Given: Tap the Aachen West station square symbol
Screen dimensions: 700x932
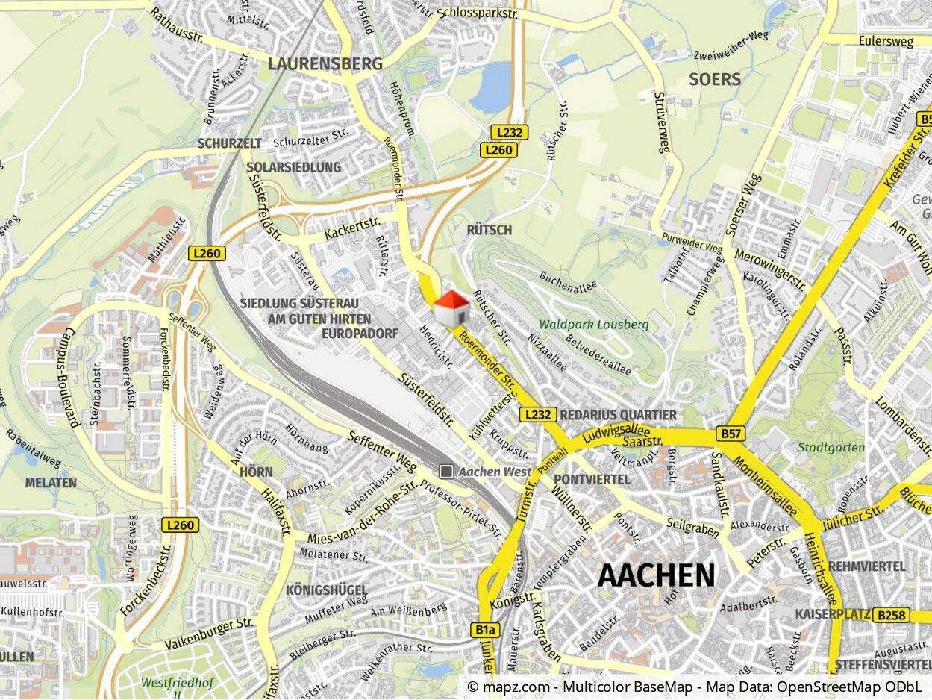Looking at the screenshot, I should [x=446, y=471].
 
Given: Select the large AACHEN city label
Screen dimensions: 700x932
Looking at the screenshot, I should [x=656, y=575].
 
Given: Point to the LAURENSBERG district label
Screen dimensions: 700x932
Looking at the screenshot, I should [x=325, y=64].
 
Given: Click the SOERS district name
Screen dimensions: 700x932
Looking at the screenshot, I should [x=714, y=79].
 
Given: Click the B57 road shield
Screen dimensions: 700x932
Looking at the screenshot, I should [x=729, y=433].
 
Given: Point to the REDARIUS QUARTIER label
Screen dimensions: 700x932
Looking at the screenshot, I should [x=618, y=415].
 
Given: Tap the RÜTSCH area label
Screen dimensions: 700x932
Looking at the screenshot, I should [x=489, y=230].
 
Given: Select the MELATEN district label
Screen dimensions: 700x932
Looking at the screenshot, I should [x=51, y=482].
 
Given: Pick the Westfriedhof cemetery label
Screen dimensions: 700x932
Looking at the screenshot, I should [x=177, y=682].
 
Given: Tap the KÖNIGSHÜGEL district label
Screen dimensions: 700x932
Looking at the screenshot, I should [x=326, y=590].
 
